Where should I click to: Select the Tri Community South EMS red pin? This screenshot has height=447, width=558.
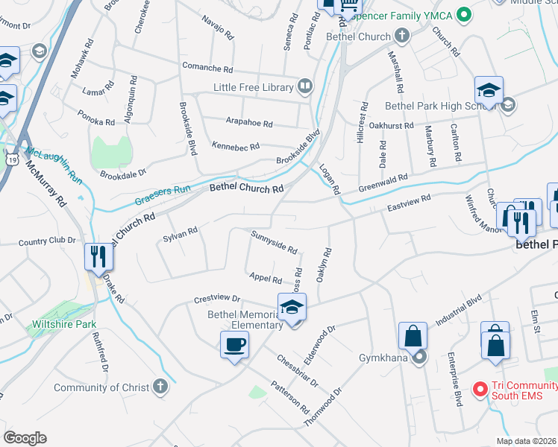click(481, 389)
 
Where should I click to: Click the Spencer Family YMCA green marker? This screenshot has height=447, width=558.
click(463, 14)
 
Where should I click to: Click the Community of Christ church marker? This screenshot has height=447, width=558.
click(160, 386)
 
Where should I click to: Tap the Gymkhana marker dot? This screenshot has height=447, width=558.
click(419, 358)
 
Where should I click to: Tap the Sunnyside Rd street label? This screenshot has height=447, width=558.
click(274, 241)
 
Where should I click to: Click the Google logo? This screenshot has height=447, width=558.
click(25, 438)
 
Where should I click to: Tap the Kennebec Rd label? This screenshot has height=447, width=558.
click(235, 146)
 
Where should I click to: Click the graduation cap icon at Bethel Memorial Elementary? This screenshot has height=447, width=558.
click(292, 307)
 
